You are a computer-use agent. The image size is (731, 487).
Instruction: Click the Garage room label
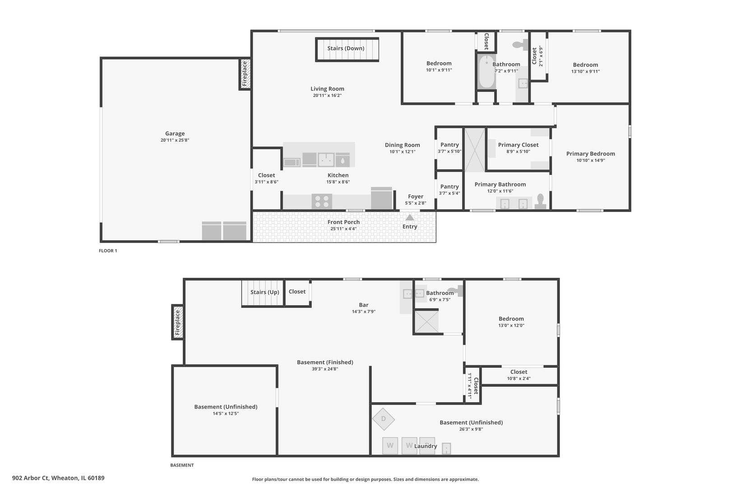click(175, 133)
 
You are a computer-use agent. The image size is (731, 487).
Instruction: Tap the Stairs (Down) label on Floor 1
click(346, 48)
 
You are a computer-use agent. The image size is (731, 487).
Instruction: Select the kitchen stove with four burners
click(322, 201)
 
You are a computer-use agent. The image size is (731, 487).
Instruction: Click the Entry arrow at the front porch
click(410, 217)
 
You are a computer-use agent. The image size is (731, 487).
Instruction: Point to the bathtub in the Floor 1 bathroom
click(486, 71)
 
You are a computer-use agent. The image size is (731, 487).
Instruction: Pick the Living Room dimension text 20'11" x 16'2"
click(327, 96)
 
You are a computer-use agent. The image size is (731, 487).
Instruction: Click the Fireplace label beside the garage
click(245, 74)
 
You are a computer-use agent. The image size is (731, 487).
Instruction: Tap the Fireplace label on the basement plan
click(177, 322)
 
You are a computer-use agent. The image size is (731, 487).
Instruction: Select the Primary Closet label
click(518, 145)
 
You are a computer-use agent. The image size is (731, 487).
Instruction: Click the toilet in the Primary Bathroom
click(541, 202)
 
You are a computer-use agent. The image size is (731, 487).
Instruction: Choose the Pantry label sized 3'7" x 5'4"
click(449, 187)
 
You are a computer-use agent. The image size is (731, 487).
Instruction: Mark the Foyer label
click(416, 196)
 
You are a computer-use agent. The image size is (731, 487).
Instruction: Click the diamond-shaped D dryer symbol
click(384, 419)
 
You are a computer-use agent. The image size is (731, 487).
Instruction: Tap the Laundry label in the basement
click(426, 446)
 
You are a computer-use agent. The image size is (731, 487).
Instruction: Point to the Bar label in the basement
click(364, 305)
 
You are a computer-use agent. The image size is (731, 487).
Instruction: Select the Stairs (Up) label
click(265, 292)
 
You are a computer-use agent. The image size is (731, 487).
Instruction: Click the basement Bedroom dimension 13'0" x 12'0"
click(511, 326)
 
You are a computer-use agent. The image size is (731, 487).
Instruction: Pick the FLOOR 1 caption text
click(108, 251)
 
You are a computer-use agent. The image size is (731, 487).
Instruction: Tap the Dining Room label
click(403, 145)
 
